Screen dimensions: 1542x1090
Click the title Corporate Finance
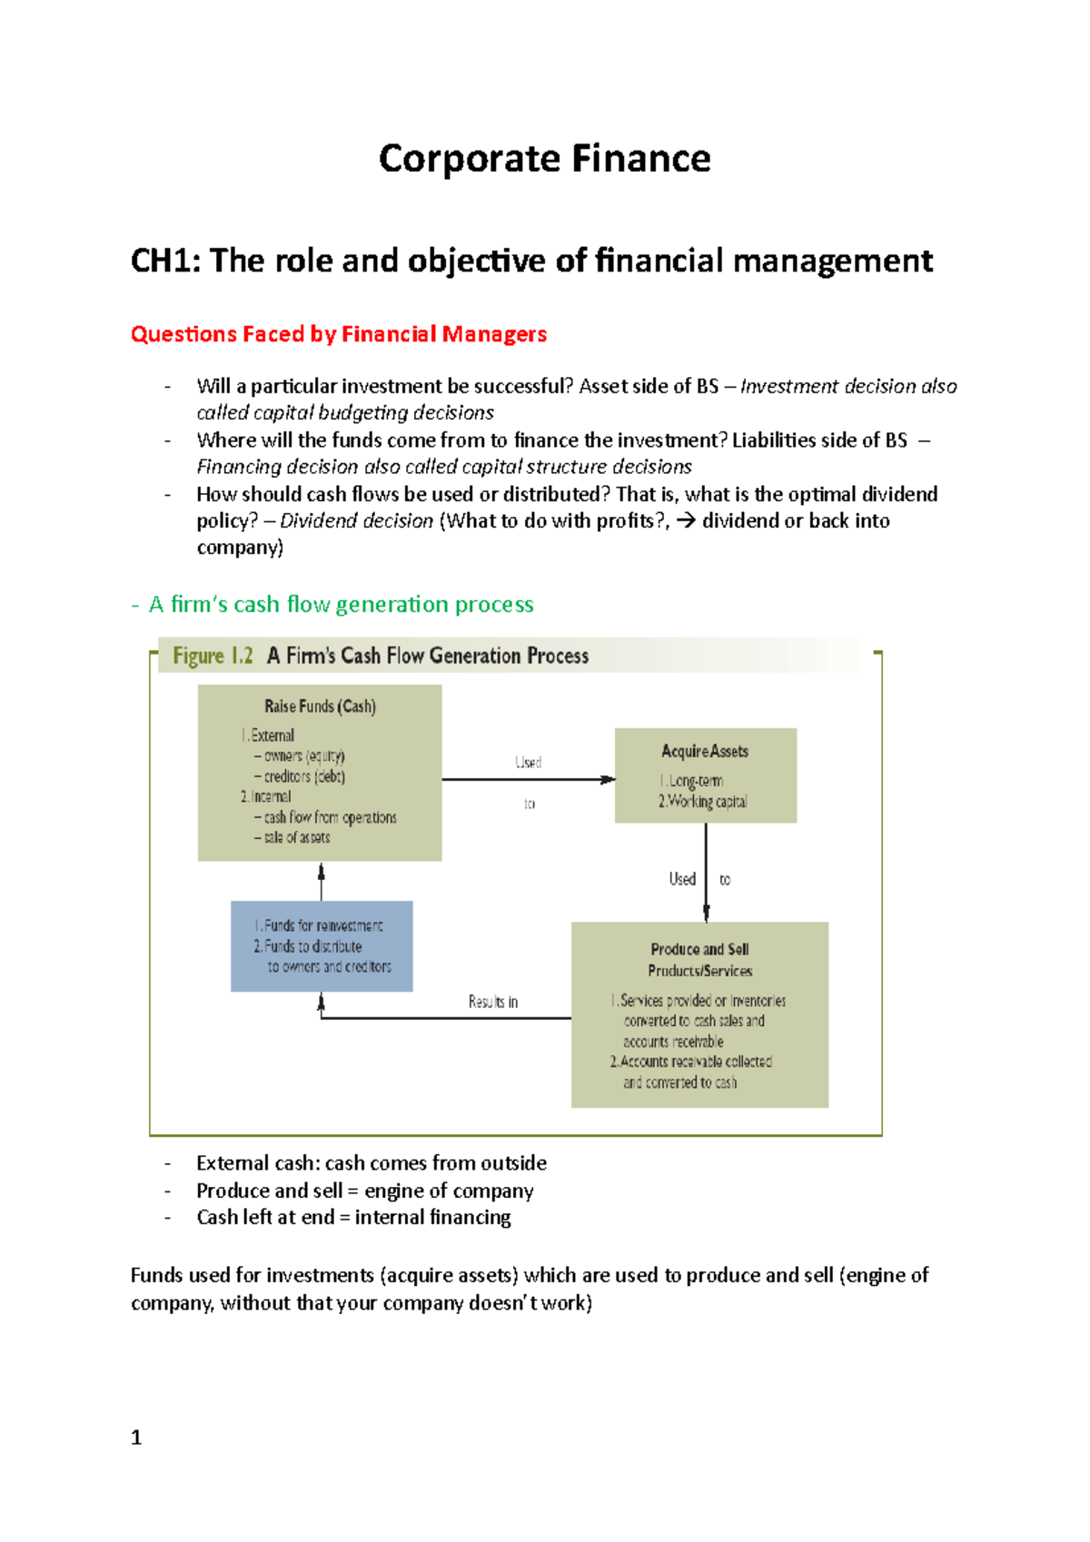(544, 159)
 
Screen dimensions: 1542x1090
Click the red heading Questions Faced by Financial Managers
(338, 334)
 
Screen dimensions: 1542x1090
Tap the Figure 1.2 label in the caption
(213, 656)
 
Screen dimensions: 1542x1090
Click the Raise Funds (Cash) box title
(320, 707)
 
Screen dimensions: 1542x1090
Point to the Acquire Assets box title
(705, 752)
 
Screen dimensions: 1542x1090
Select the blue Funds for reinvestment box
(322, 946)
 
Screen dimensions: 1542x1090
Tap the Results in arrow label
(493, 1002)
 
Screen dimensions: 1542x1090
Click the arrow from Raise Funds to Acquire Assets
(527, 779)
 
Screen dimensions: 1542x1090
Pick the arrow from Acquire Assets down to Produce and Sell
(706, 872)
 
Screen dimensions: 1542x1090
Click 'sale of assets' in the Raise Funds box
(296, 837)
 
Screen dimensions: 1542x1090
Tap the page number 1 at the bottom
(136, 1438)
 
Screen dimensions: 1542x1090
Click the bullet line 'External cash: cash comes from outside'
(371, 1163)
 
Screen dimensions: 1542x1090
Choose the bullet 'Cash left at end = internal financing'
(353, 1218)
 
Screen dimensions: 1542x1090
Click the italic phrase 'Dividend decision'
(356, 521)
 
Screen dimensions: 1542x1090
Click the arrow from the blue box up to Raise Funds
(322, 881)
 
